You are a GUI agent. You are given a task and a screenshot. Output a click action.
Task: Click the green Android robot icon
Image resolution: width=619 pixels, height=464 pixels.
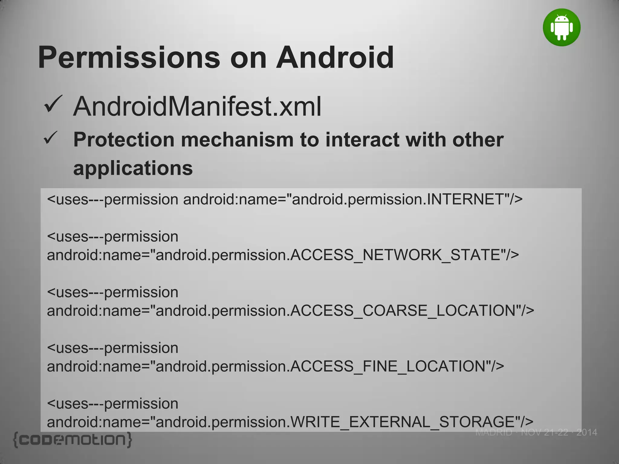pyautogui.click(x=562, y=27)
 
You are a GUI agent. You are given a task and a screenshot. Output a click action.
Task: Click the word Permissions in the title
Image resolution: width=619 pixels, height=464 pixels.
pyautogui.click(x=129, y=57)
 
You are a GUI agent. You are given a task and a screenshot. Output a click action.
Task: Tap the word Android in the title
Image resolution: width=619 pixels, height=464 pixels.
pyautogui.click(x=335, y=57)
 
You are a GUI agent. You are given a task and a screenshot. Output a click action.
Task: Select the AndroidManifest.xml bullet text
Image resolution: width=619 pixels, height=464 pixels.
pyautogui.click(x=197, y=106)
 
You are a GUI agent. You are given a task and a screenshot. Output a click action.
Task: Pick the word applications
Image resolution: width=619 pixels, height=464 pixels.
pyautogui.click(x=133, y=168)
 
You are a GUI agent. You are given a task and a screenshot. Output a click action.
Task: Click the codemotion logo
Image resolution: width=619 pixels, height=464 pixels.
pyautogui.click(x=73, y=440)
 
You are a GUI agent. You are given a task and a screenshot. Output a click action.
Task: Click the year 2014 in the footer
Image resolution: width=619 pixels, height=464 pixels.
pyautogui.click(x=587, y=433)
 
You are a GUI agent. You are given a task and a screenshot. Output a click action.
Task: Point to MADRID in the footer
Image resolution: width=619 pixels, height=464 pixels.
pyautogui.click(x=494, y=433)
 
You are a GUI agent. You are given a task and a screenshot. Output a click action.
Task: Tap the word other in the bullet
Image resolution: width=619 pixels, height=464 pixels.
pyautogui.click(x=478, y=140)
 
